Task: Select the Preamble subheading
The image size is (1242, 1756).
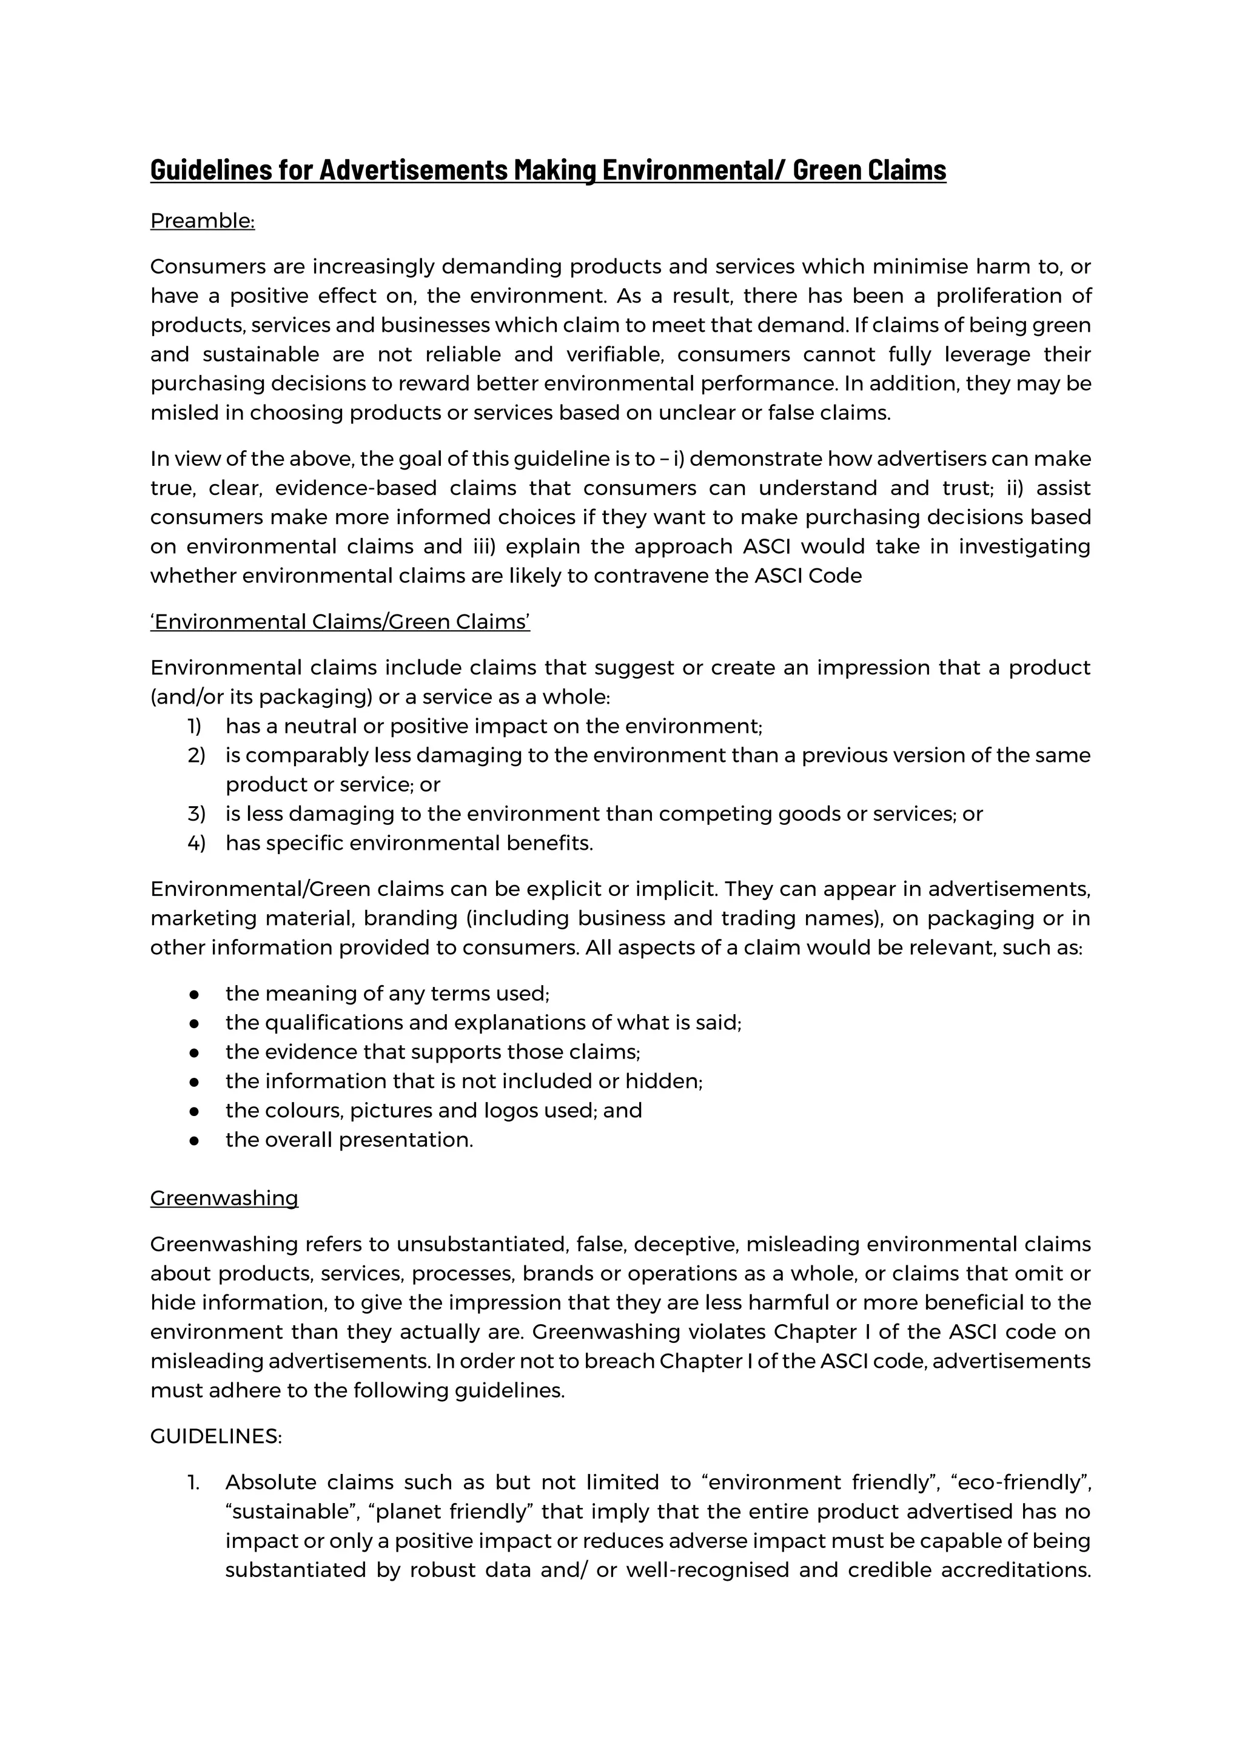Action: click(x=202, y=221)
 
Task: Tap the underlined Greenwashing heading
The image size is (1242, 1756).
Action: click(x=224, y=1198)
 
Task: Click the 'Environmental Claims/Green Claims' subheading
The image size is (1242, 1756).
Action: click(x=340, y=622)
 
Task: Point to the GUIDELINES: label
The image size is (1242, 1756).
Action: click(x=216, y=1436)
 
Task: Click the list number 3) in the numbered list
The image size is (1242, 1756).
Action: click(x=196, y=814)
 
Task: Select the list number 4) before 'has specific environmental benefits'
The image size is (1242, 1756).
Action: click(x=196, y=843)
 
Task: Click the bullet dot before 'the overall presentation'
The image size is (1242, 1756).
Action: click(x=194, y=1140)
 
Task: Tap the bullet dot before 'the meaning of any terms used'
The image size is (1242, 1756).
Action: click(x=194, y=994)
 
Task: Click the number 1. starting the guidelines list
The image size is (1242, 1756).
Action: click(x=193, y=1483)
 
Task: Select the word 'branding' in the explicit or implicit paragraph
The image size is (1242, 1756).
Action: click(x=410, y=918)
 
